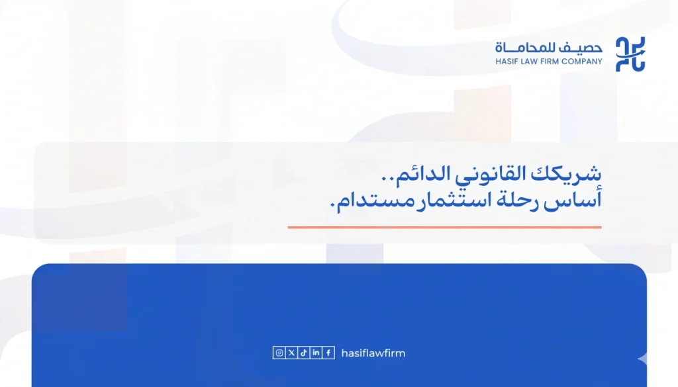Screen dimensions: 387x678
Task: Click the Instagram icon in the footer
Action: coord(279,353)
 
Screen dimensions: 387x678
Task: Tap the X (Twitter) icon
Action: coord(291,353)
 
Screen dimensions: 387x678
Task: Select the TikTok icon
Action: coord(303,353)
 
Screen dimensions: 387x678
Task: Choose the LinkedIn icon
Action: coord(316,353)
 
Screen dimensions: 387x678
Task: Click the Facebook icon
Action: coord(328,353)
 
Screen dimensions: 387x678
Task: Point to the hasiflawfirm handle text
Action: coord(373,353)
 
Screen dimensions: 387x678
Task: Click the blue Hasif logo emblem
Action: coord(630,54)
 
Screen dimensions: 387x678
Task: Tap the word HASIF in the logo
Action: coord(507,62)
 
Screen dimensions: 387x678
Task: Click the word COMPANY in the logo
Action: coord(585,62)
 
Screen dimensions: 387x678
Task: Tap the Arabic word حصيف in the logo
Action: coord(585,48)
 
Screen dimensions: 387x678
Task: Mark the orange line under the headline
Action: coord(444,227)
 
